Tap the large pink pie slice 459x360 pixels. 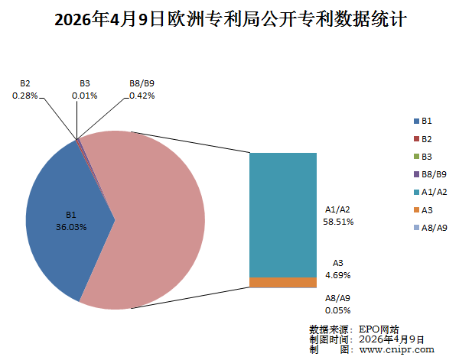[x=153, y=222]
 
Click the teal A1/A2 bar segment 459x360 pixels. [x=283, y=214]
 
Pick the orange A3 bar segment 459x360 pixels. [x=283, y=283]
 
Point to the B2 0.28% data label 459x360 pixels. [x=25, y=89]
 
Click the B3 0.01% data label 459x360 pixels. [x=84, y=89]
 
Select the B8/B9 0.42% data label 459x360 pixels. [x=142, y=89]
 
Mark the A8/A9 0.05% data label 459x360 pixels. [x=337, y=304]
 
